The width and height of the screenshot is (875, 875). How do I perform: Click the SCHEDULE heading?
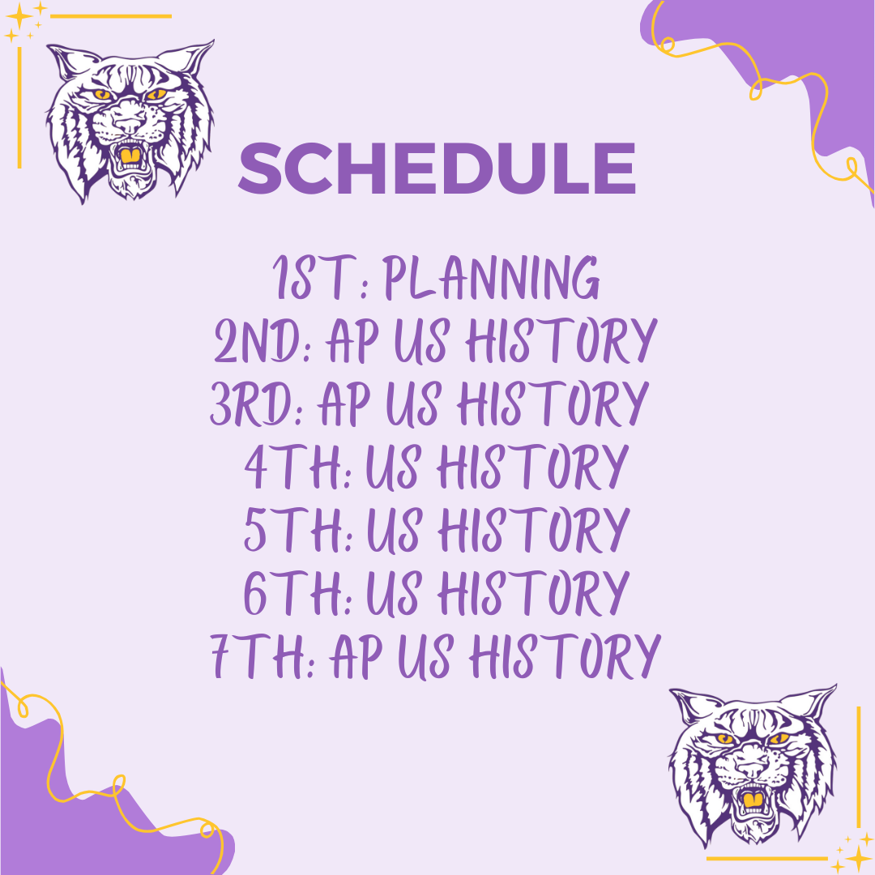(x=437, y=169)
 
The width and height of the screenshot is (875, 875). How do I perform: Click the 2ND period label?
(x=261, y=343)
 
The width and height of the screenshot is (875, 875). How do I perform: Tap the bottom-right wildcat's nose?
(x=752, y=766)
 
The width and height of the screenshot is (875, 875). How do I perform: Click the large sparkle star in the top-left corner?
(x=18, y=16)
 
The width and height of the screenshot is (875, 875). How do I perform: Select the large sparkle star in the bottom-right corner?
(x=856, y=857)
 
